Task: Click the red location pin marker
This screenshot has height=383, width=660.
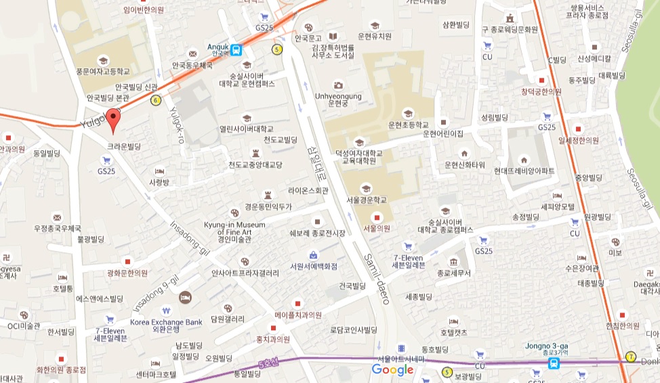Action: click(115, 118)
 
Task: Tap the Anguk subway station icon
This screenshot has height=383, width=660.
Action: click(236, 49)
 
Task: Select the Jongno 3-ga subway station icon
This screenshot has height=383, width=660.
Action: click(554, 363)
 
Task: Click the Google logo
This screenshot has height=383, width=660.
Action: click(392, 369)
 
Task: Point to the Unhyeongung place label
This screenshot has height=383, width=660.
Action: click(339, 99)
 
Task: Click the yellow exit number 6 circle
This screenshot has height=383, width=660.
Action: click(157, 100)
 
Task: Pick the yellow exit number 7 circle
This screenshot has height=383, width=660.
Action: click(631, 357)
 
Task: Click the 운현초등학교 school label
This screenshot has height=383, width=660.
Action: click(408, 125)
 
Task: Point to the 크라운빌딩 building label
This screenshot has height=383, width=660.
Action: click(124, 146)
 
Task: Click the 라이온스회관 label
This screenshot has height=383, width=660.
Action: click(308, 191)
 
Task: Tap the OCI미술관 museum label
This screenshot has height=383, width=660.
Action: click(24, 325)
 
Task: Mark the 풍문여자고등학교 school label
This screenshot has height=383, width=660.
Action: click(103, 70)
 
